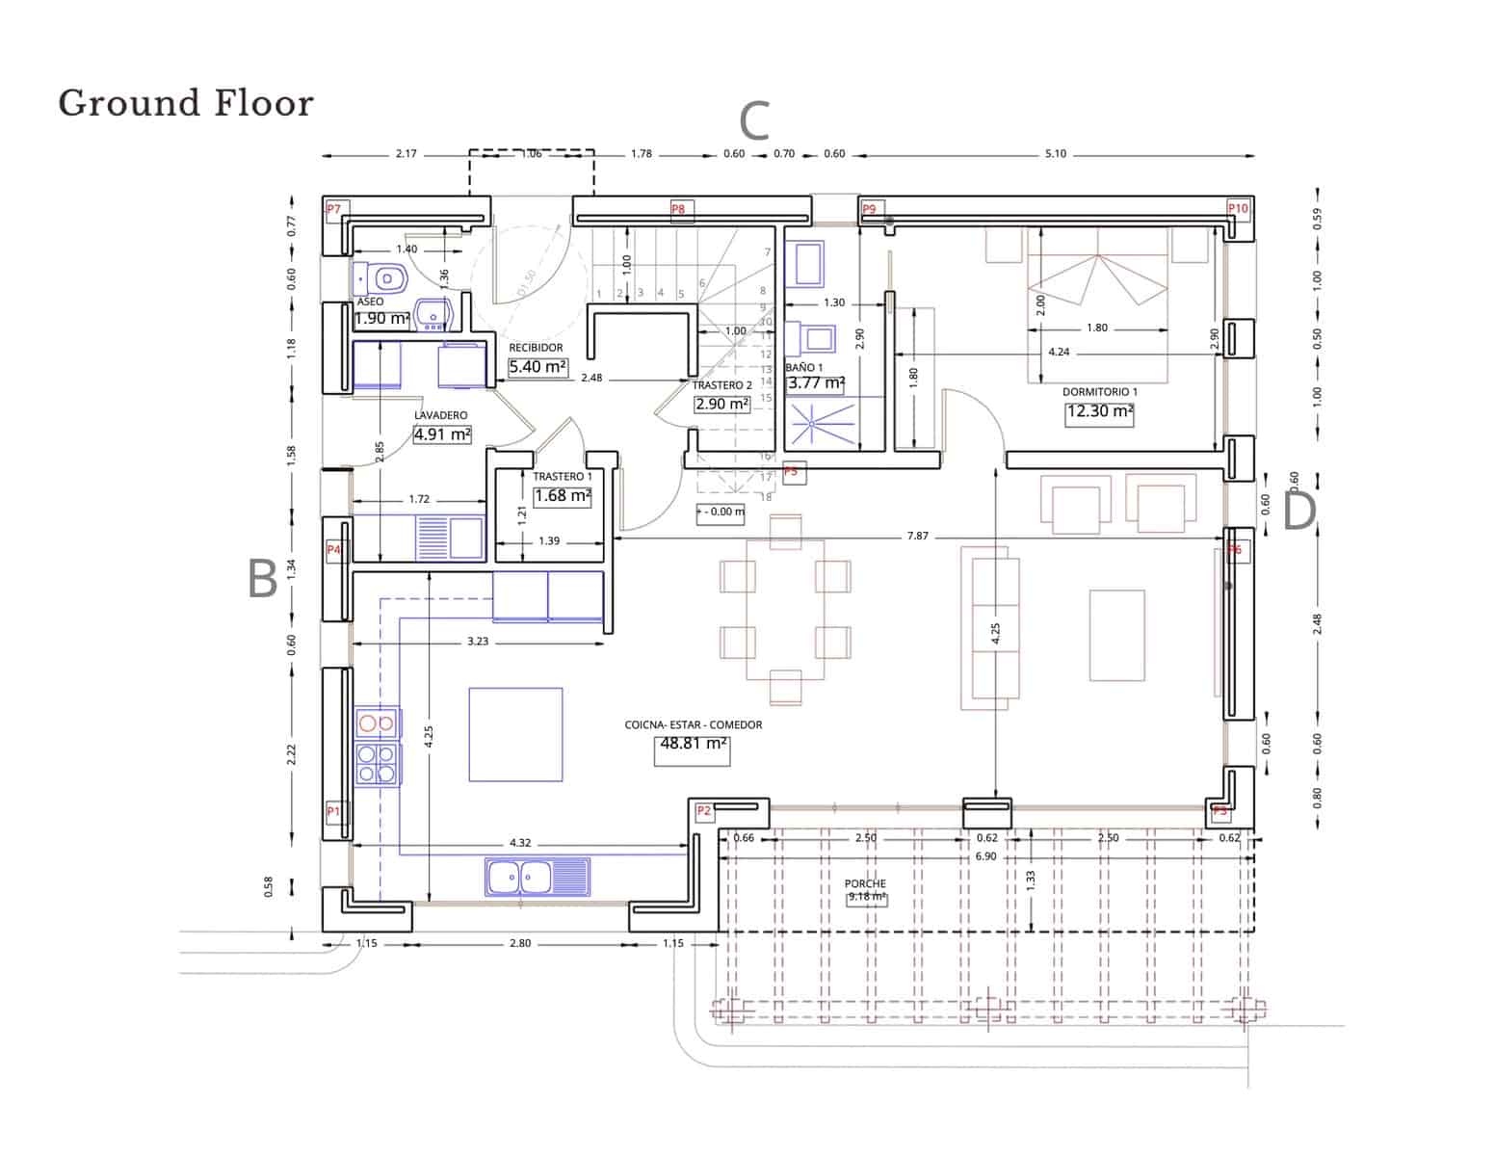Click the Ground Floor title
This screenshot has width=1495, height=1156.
(x=186, y=103)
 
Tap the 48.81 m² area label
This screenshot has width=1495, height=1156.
(x=692, y=744)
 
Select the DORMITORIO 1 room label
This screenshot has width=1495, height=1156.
(x=1100, y=392)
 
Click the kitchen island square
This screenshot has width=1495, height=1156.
(x=515, y=734)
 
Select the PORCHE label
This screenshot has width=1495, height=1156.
(x=865, y=883)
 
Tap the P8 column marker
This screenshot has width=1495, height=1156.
(x=678, y=209)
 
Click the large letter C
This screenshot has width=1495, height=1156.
(x=754, y=122)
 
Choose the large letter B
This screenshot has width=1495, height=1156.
(x=263, y=580)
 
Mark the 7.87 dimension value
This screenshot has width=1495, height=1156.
(x=917, y=536)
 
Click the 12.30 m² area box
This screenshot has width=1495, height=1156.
(x=1099, y=412)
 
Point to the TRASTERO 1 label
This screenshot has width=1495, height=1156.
(x=563, y=477)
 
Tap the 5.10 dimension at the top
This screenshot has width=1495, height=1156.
(x=1056, y=154)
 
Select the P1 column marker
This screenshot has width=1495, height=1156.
(x=333, y=811)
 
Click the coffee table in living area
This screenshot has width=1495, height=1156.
(x=1117, y=635)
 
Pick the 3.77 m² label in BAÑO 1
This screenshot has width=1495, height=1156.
(x=816, y=383)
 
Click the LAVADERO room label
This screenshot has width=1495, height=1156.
(x=441, y=415)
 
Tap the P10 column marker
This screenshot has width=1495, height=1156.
(x=1237, y=209)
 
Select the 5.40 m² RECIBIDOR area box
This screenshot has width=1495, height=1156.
(x=538, y=367)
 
